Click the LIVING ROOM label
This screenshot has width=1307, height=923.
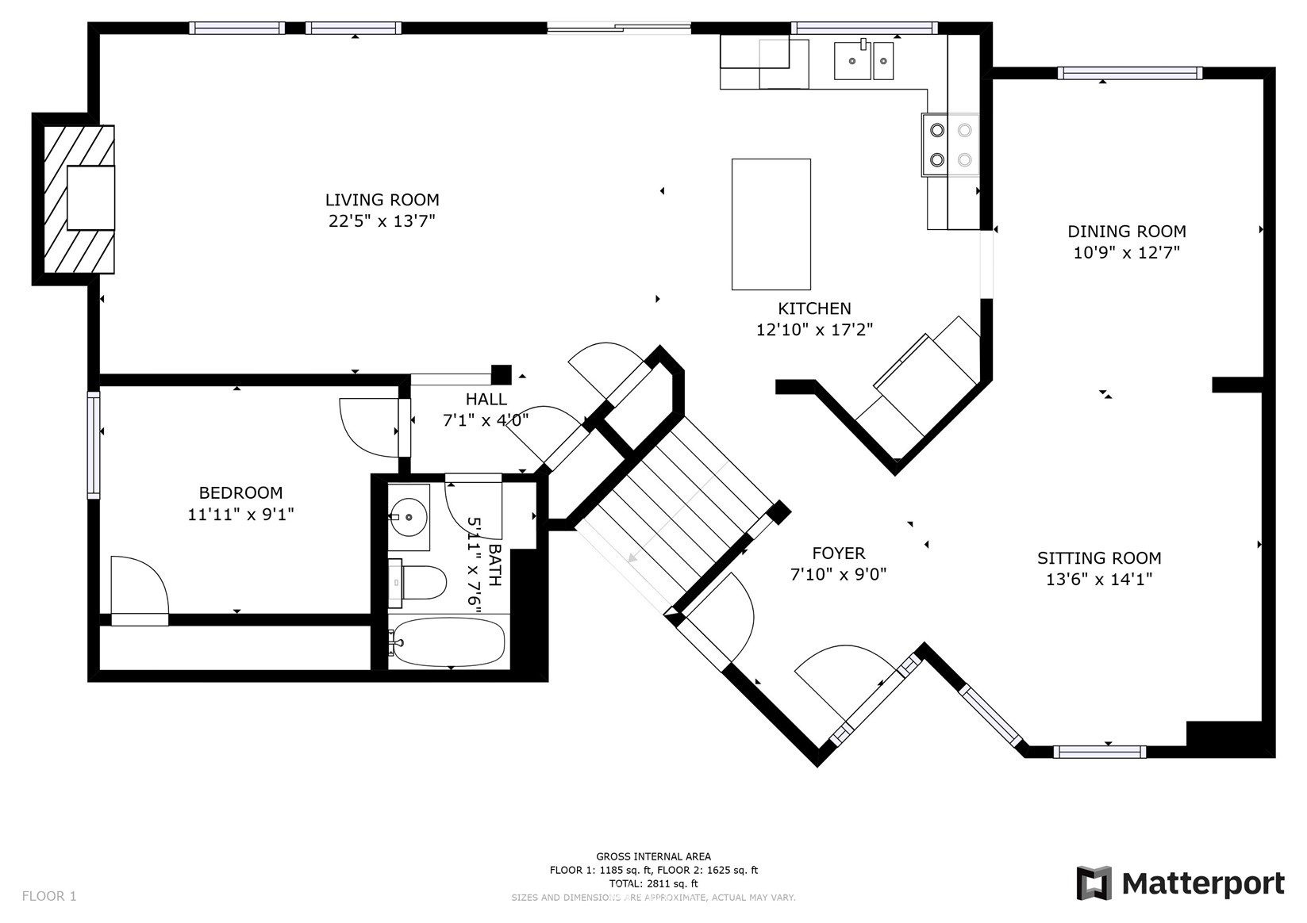(x=382, y=200)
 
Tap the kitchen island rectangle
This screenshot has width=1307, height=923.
(x=771, y=224)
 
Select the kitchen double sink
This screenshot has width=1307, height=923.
(x=863, y=59)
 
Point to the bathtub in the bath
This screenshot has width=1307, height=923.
(x=448, y=642)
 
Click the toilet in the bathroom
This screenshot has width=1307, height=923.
(x=417, y=581)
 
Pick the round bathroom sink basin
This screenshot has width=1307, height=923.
(x=409, y=516)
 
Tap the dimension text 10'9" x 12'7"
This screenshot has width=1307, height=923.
(x=1127, y=253)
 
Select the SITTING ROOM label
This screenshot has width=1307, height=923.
(x=1099, y=558)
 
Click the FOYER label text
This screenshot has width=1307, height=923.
(x=839, y=553)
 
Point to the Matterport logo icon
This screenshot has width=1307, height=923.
(x=1094, y=883)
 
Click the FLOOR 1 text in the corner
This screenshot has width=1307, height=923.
(x=49, y=896)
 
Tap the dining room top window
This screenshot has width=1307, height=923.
(x=1129, y=74)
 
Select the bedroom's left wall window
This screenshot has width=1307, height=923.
(x=94, y=445)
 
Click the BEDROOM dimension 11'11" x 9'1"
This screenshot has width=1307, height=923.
(x=240, y=515)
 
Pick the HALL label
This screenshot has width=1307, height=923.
(x=486, y=400)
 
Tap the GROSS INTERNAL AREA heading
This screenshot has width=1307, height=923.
(x=654, y=856)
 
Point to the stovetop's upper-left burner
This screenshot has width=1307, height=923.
(x=937, y=130)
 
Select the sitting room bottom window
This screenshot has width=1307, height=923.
(x=1100, y=753)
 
